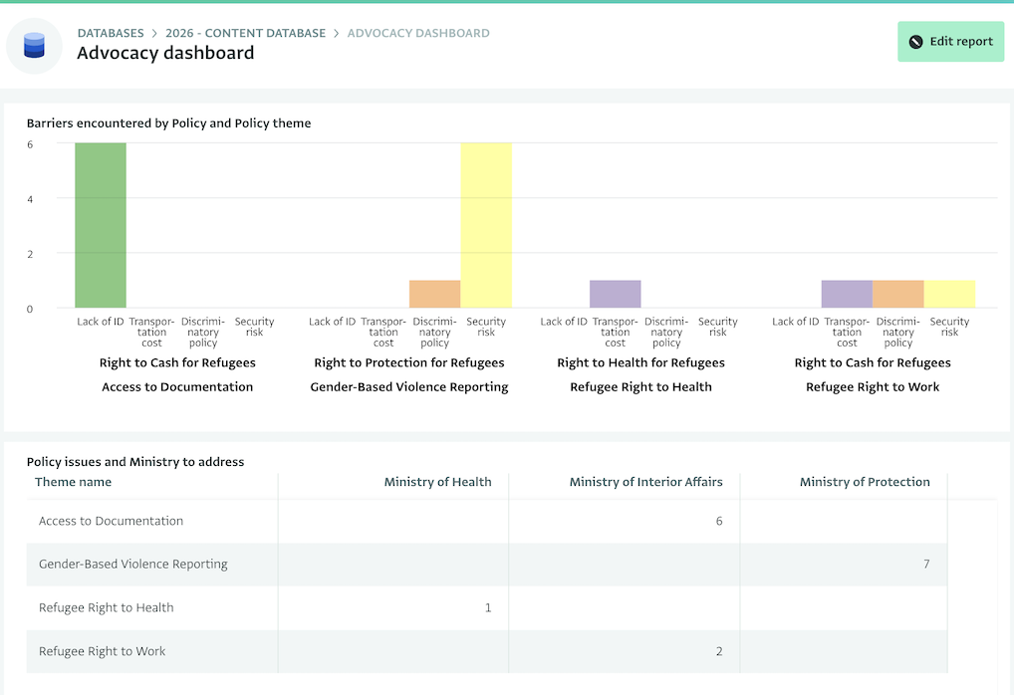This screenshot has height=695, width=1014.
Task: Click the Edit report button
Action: click(950, 42)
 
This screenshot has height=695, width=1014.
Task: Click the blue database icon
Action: click(35, 45)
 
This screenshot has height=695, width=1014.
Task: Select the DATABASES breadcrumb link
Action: click(111, 33)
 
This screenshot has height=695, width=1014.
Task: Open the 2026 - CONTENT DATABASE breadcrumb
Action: click(245, 33)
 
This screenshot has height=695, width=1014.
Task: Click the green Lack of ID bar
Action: click(101, 225)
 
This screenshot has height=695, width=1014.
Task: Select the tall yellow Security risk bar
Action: click(486, 225)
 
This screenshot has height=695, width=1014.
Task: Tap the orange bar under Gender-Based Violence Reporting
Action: click(434, 295)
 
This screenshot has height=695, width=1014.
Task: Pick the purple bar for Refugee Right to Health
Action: click(615, 295)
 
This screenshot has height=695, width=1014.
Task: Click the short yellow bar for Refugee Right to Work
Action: click(949, 295)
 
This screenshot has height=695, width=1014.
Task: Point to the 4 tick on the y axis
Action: click(30, 199)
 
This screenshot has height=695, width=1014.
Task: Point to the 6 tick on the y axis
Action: click(30, 144)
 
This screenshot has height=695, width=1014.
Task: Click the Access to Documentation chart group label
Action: click(177, 387)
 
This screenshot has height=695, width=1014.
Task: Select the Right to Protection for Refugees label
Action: click(409, 363)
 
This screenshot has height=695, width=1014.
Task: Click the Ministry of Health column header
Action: click(437, 482)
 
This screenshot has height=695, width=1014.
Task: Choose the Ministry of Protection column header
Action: click(865, 482)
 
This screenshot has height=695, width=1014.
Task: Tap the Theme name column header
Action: click(73, 482)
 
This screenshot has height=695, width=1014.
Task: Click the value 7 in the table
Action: click(926, 565)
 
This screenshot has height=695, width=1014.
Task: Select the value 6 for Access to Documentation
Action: click(719, 521)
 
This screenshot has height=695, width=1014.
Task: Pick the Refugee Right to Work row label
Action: click(103, 651)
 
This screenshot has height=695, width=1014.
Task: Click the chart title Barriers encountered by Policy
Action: click(168, 123)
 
